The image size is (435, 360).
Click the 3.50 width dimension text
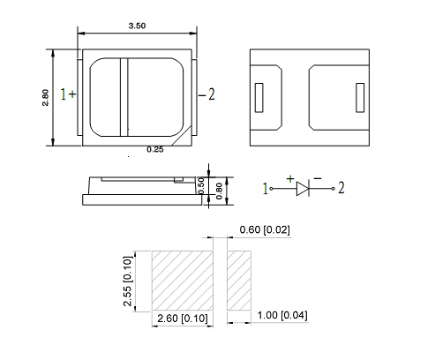[137, 26]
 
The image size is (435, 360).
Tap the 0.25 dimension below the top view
[154, 150]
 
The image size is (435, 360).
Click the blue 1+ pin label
[67, 94]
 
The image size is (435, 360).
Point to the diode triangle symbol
[303, 188]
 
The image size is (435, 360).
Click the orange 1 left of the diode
[266, 188]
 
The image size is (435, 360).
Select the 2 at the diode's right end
[341, 188]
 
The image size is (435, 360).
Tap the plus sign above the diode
[289, 178]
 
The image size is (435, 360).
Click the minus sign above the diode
[316, 178]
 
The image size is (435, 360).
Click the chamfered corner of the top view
[183, 137]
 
